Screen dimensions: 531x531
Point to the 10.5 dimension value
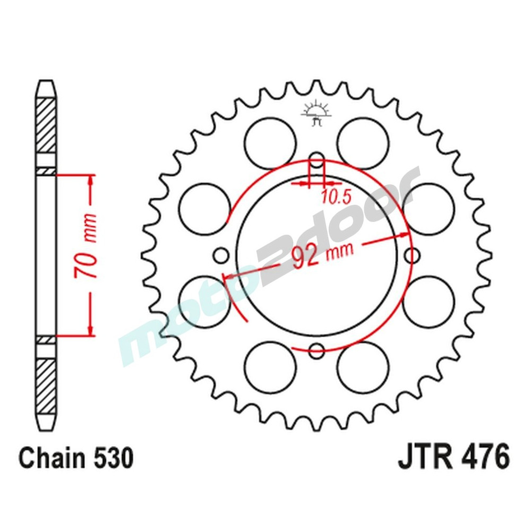point(336,197)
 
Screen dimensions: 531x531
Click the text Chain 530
point(75,458)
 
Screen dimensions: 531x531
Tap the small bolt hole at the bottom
point(317,350)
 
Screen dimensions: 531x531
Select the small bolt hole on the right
point(413,255)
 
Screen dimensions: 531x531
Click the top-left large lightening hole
point(270,142)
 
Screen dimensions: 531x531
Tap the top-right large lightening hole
point(363,142)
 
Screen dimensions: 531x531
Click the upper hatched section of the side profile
point(46,125)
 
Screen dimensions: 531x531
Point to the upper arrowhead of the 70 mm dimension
point(92,181)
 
